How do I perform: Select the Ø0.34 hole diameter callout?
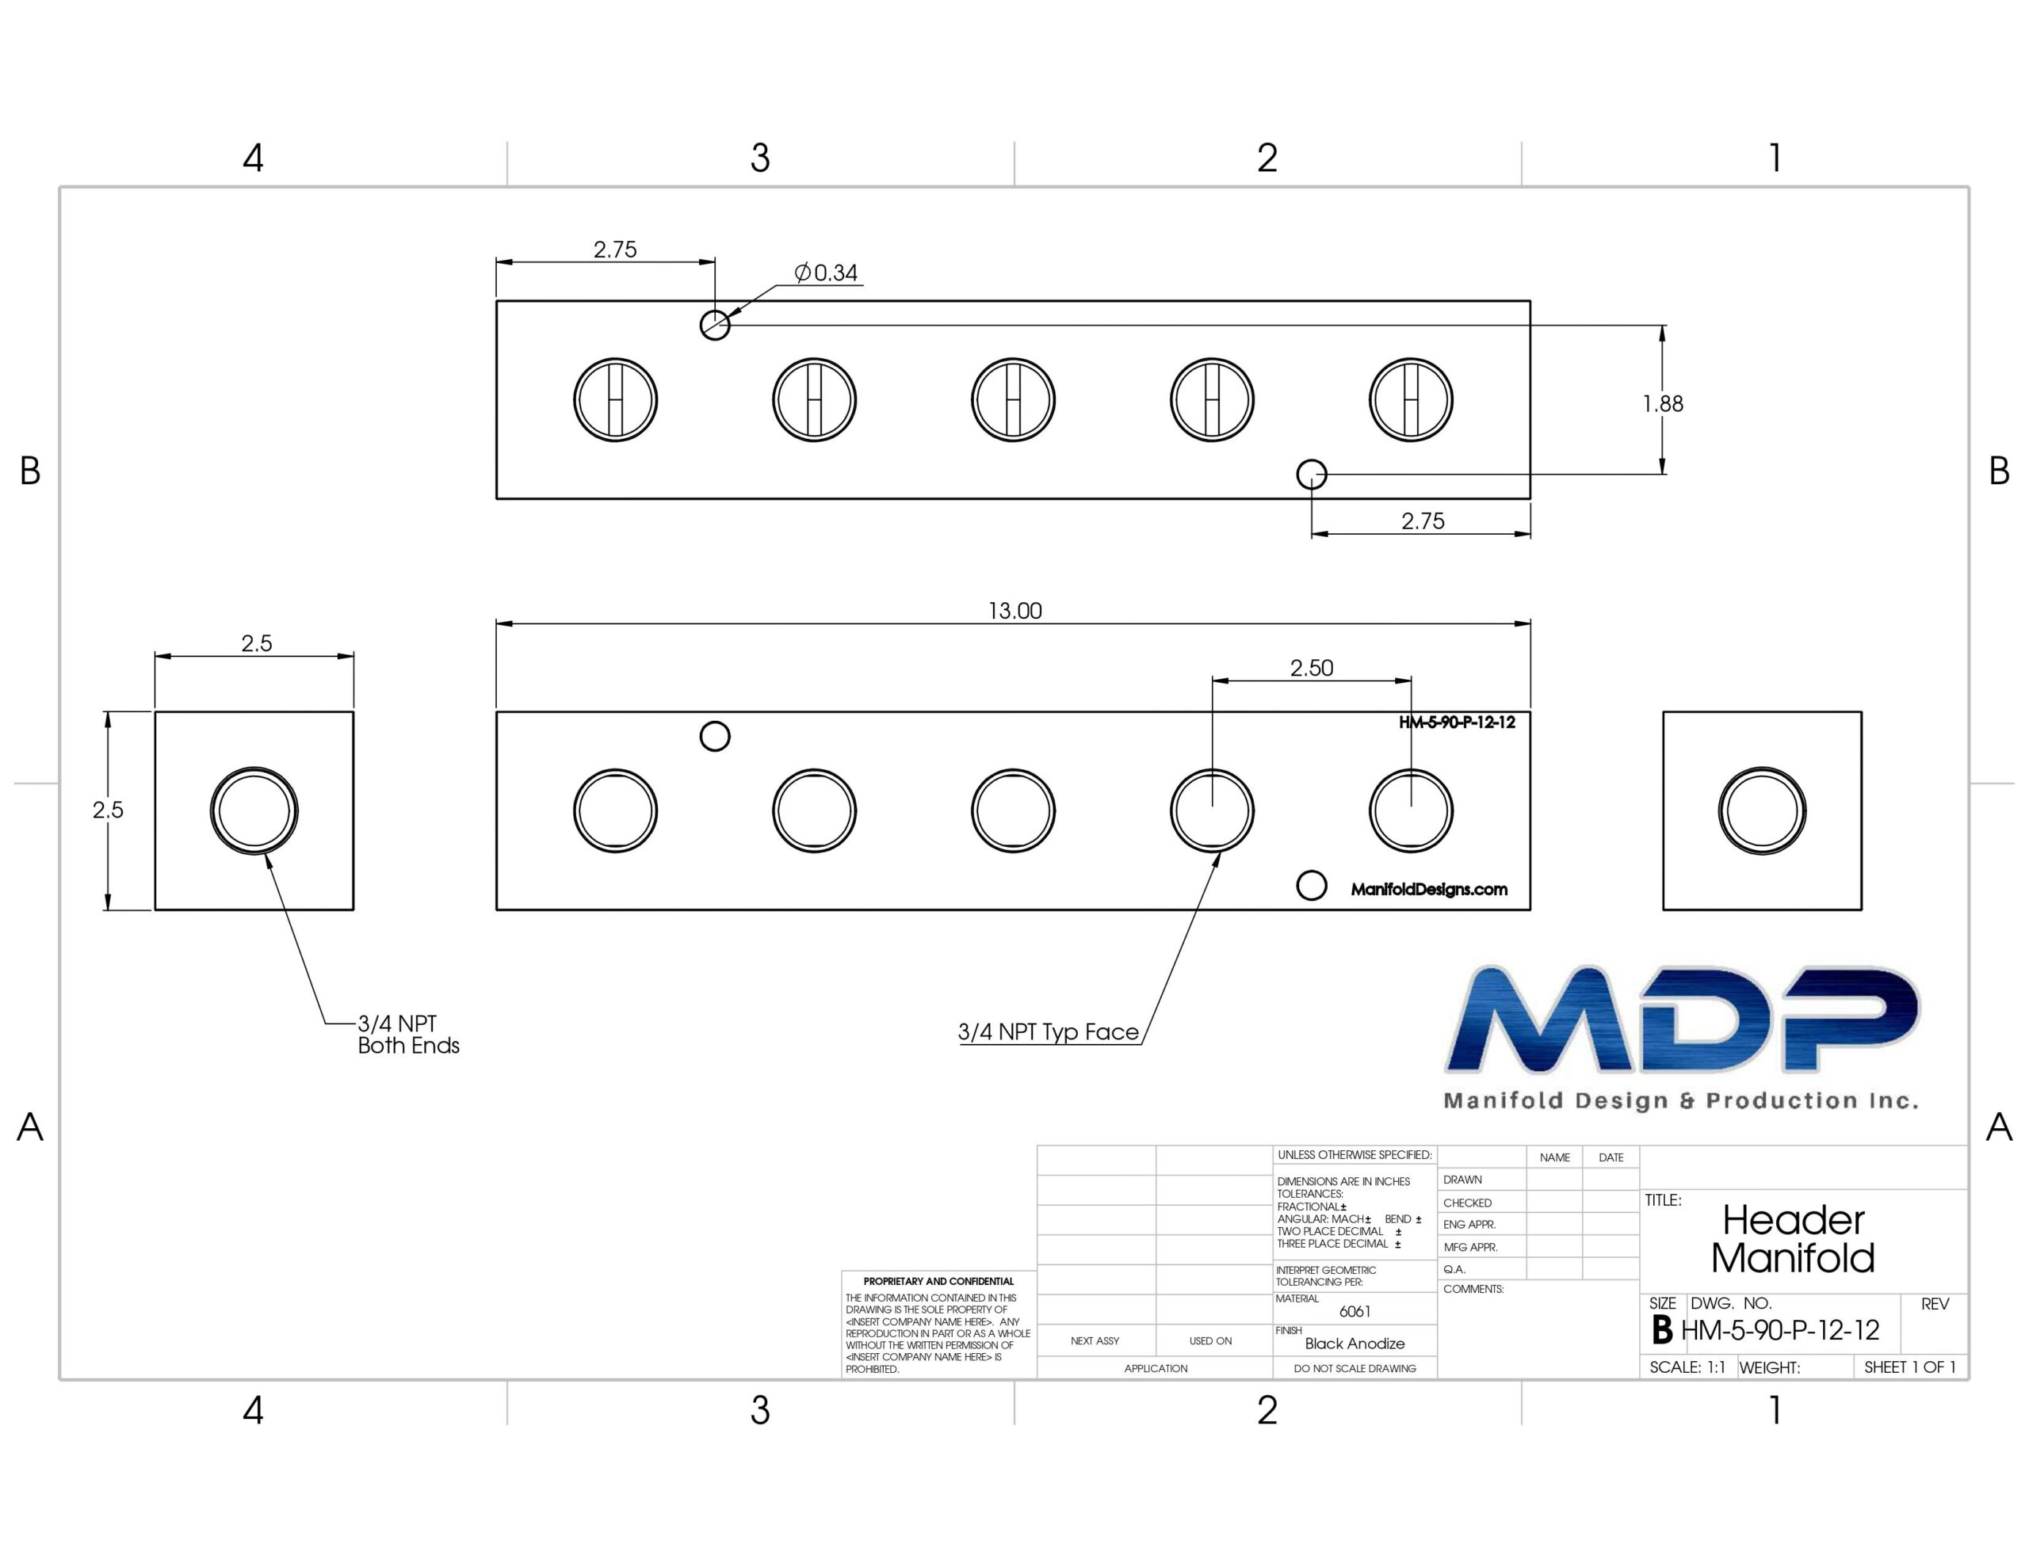826,273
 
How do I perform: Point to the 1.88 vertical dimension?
1662,403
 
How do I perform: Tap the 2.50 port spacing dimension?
1311,667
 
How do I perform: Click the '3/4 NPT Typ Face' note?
1048,1032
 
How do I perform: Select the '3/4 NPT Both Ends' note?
409,1034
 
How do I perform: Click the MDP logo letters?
1682,1020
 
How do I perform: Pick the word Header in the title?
1793,1219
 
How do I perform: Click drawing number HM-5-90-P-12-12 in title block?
1780,1330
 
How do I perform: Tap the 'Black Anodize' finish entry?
1355,1343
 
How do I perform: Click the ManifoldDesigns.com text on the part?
1429,889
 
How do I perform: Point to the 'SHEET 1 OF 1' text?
1910,1367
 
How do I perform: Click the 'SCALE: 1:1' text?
1687,1367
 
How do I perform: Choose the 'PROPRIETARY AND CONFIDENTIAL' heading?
938,1281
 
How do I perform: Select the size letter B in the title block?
1662,1330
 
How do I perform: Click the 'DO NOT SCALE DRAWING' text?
1355,1368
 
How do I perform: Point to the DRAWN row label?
1462,1180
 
